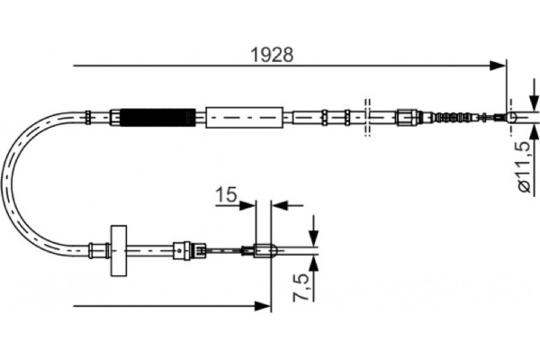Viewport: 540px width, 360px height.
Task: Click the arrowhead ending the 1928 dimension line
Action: click(x=498, y=65)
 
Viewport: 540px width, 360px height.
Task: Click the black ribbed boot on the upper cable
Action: click(x=157, y=117)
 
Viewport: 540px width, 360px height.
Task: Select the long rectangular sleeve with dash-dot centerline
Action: click(x=244, y=117)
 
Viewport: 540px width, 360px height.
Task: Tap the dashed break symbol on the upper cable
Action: click(x=367, y=117)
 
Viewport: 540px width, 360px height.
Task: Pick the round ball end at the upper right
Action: click(x=513, y=117)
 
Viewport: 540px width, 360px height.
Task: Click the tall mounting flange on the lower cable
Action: click(x=118, y=249)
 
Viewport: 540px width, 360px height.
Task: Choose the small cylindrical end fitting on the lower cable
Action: click(x=263, y=250)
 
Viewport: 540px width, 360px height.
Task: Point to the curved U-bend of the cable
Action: click(x=18, y=180)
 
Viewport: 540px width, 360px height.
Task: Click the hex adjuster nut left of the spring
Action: click(x=407, y=117)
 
